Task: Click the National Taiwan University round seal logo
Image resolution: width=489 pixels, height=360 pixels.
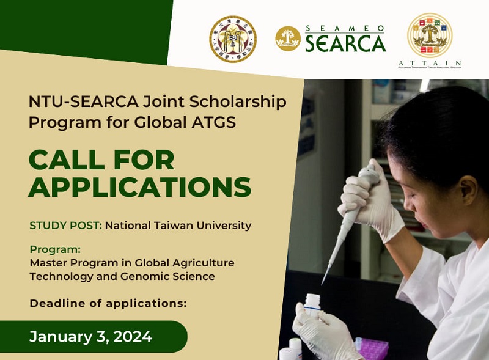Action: (x=233, y=39)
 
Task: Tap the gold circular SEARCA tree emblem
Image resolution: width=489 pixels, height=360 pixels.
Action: (x=287, y=39)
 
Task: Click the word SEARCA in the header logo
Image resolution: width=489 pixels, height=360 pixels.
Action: (x=345, y=43)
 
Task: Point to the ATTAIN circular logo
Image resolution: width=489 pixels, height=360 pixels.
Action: (x=430, y=35)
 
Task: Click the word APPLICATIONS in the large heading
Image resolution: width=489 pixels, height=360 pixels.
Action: (x=140, y=187)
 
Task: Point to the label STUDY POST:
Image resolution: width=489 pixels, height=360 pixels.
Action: (x=65, y=226)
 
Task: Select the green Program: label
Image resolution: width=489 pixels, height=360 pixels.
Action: (x=55, y=250)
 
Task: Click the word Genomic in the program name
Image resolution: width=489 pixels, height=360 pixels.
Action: (x=116, y=276)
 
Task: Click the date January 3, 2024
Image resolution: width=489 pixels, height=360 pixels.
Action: (x=91, y=336)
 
